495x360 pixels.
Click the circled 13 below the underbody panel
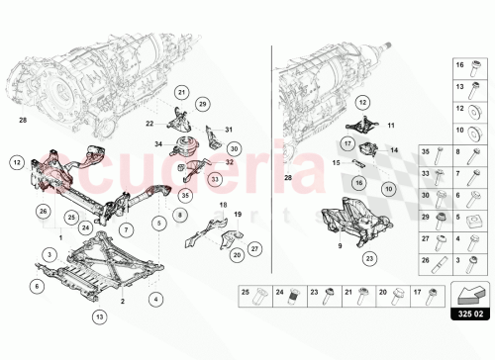point(98,316)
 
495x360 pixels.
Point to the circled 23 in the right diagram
point(369,258)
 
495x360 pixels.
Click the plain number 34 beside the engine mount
point(158,145)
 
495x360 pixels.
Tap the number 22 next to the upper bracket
point(149,124)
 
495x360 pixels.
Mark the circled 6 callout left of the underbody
point(37,286)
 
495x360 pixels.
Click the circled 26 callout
point(43,211)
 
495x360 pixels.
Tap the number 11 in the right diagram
point(390,127)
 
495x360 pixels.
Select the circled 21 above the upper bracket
point(181,93)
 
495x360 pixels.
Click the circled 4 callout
point(154,299)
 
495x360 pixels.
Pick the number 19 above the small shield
point(237,214)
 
